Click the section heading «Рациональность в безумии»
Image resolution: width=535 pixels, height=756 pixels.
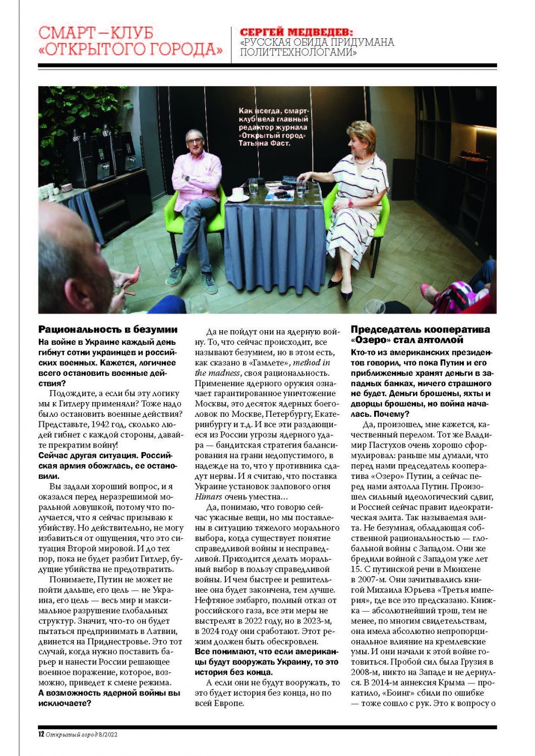[108, 330]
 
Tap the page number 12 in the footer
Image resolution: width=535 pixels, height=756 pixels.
[41, 734]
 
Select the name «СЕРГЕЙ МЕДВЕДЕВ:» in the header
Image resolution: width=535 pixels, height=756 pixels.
[296, 32]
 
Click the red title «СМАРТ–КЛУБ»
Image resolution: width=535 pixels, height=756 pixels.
[95, 33]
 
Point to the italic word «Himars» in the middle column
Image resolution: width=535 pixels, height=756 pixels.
[208, 497]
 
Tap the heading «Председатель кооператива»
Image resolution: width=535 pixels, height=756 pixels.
[420, 330]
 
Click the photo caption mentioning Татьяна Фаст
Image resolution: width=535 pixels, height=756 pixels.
[273, 127]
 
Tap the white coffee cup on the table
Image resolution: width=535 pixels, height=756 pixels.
[237, 193]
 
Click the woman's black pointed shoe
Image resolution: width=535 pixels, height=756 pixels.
[346, 294]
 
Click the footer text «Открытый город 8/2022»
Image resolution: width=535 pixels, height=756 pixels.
[82, 734]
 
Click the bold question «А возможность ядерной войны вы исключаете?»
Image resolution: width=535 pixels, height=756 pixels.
[109, 698]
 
